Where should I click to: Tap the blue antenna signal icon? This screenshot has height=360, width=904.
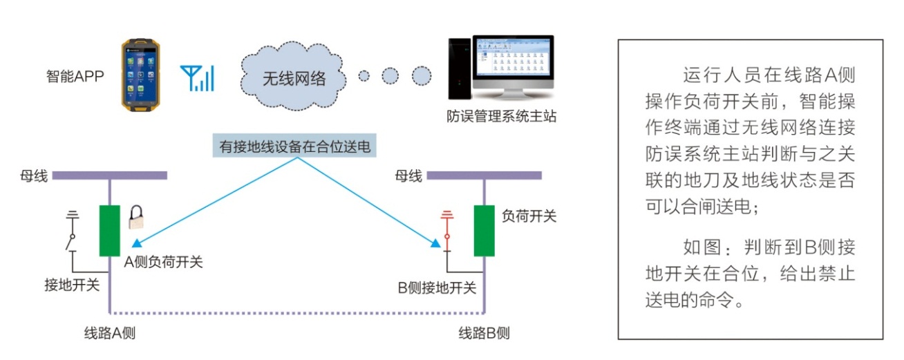[197, 78]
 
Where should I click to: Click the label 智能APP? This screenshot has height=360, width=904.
[75, 75]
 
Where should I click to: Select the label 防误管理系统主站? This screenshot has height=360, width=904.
[501, 116]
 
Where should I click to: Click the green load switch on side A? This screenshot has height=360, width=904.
[109, 230]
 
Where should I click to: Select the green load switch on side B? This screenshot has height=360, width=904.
[484, 230]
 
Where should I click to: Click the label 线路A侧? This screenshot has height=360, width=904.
[110, 333]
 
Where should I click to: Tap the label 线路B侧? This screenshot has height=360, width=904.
[484, 333]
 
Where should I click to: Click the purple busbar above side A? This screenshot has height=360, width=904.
[109, 176]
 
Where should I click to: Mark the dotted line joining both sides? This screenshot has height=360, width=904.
[297, 312]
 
